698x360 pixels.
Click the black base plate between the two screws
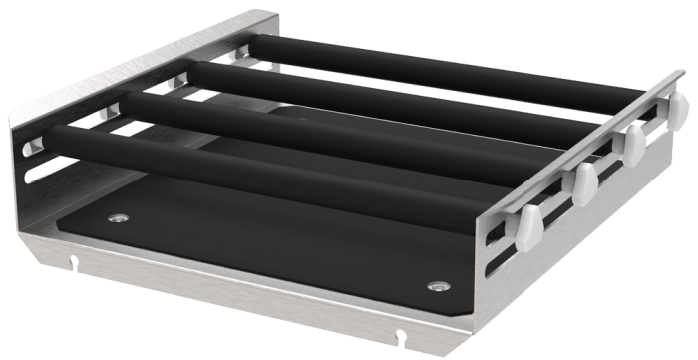tap(279, 249)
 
